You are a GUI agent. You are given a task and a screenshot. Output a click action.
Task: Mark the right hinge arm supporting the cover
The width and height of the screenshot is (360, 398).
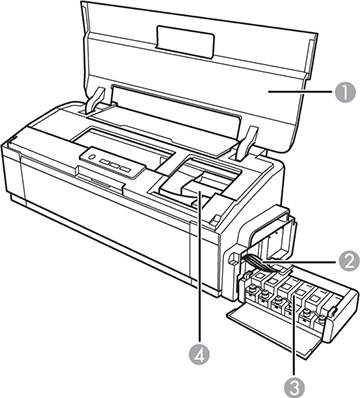(247, 140)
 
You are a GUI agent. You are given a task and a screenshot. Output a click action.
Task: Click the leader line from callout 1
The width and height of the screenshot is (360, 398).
(300, 93)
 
